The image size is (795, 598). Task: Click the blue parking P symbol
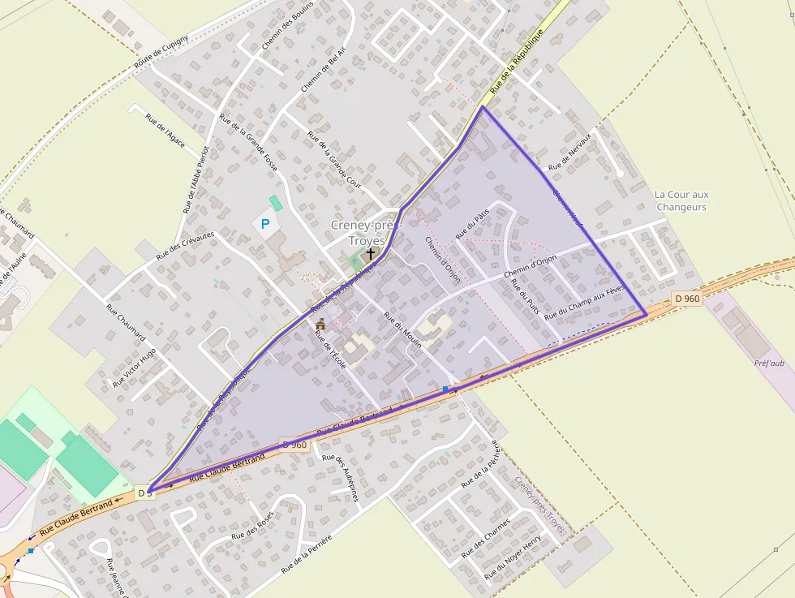click(x=264, y=223)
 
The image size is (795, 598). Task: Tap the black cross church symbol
click(x=371, y=254)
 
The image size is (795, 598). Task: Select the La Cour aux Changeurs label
click(x=681, y=200)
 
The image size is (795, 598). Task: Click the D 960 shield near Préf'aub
click(x=686, y=299)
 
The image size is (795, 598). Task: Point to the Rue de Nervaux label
click(x=571, y=151)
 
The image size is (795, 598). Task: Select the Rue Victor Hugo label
click(x=135, y=368)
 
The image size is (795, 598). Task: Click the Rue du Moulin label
click(x=402, y=331)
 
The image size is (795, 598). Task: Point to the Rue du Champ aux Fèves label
click(x=584, y=303)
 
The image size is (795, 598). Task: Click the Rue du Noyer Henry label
click(x=514, y=559)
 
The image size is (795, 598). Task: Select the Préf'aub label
click(x=769, y=363)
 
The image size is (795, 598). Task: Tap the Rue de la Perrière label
click(x=307, y=554)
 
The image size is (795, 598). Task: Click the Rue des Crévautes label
click(x=186, y=244)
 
